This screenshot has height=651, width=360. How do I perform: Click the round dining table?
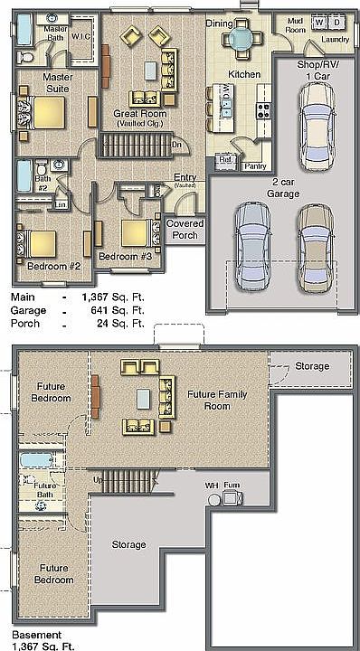(242, 38)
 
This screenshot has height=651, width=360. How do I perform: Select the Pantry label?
(256, 166)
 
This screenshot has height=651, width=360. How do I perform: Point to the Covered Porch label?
(185, 229)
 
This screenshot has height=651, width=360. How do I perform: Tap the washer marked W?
(319, 21)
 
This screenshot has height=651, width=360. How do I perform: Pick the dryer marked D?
(336, 21)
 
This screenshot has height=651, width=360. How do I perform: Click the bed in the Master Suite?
(40, 112)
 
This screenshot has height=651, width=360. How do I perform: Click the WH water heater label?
(211, 486)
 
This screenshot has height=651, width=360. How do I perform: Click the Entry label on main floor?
(185, 178)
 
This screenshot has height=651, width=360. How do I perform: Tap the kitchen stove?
(265, 110)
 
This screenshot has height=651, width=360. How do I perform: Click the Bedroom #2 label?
(54, 267)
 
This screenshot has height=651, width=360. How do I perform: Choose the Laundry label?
(335, 40)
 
